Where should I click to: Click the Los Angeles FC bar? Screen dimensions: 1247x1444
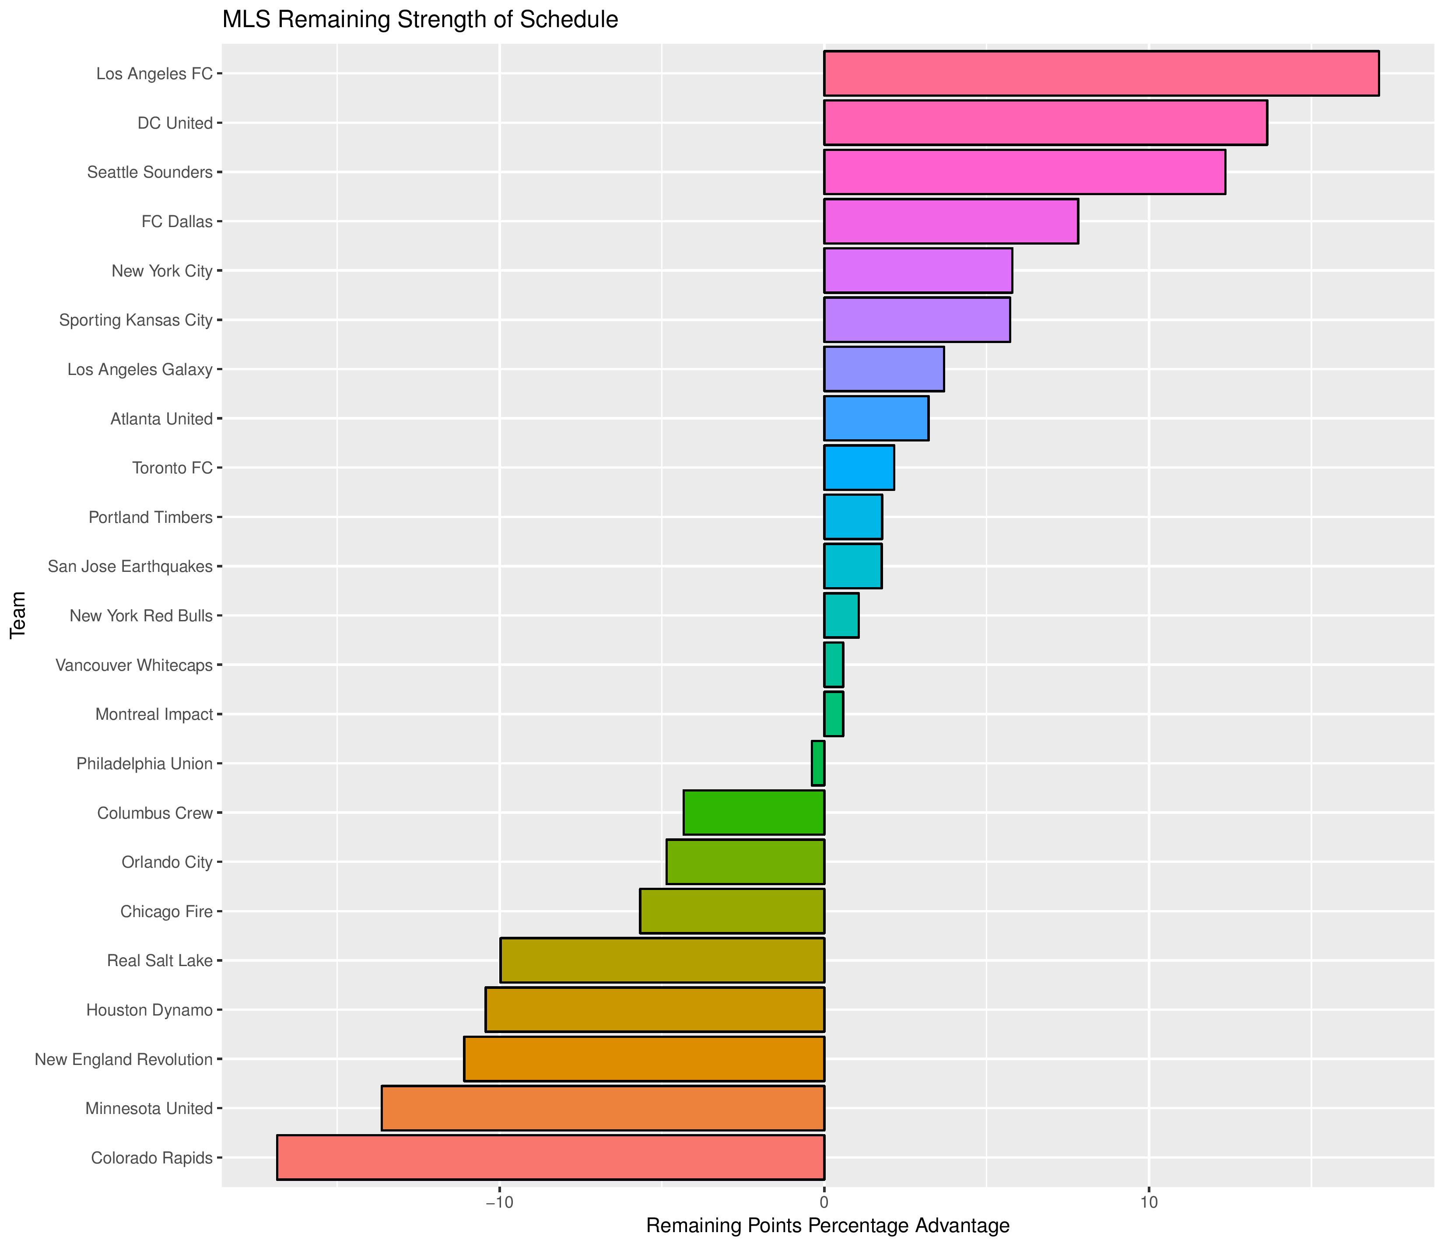1101,73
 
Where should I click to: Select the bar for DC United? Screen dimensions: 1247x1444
1045,123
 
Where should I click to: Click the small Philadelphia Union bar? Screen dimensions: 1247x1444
818,763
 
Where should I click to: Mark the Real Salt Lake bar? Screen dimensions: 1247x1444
662,960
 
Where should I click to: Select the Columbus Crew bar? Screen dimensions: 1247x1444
754,813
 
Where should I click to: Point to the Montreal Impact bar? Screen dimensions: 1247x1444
834,714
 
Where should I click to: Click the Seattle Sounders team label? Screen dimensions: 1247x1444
149,172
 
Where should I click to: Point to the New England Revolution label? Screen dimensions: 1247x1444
123,1059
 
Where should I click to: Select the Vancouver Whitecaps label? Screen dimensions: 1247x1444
134,665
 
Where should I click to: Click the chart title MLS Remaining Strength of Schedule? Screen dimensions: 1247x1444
420,20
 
